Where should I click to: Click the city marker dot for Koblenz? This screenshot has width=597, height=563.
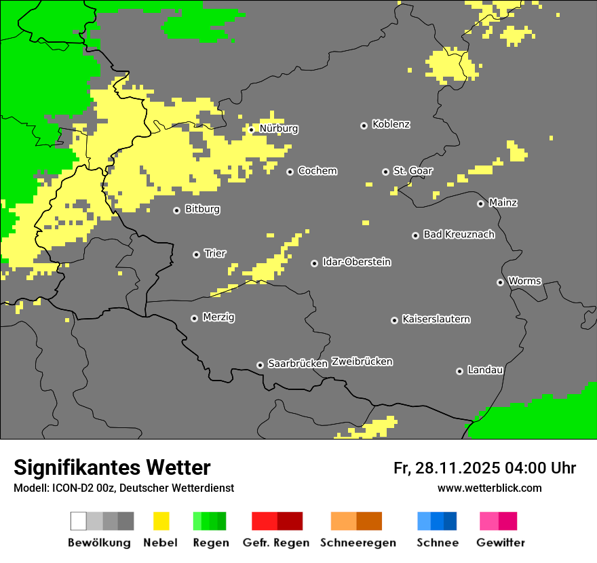[x=364, y=125]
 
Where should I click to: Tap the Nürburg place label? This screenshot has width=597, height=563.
[x=279, y=128]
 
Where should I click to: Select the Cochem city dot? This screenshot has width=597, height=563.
[x=290, y=172]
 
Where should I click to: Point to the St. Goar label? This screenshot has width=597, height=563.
[x=412, y=171]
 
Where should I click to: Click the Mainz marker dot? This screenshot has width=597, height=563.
[x=480, y=203]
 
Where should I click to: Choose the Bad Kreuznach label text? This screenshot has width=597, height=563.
[x=459, y=235]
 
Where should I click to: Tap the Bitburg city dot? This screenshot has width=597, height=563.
[x=176, y=210]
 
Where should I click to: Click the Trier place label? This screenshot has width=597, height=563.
[x=215, y=254]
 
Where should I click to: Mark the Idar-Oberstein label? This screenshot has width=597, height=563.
[x=356, y=263]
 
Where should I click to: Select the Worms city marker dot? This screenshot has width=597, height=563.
[x=500, y=282]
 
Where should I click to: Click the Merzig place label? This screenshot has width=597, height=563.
[x=218, y=317]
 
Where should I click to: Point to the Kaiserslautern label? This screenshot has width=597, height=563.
[x=436, y=319]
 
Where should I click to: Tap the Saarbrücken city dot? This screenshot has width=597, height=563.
[x=260, y=365]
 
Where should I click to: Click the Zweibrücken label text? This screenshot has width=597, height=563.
[x=362, y=362]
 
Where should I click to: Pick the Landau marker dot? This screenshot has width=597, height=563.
[x=459, y=371]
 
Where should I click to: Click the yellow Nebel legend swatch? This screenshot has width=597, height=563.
[x=161, y=521]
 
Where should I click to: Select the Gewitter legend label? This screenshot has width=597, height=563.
[x=500, y=543]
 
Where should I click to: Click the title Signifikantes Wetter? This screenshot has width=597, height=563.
[x=112, y=468]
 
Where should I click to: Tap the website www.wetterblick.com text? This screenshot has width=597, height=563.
[x=489, y=488]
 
